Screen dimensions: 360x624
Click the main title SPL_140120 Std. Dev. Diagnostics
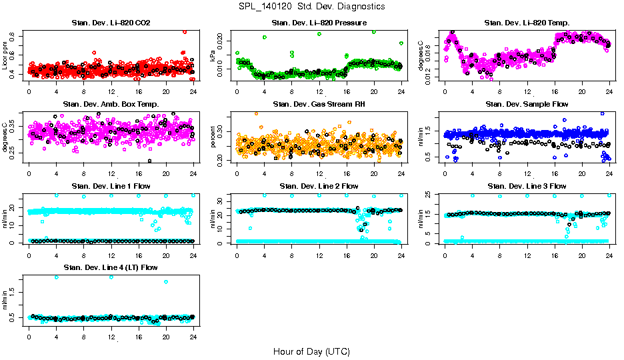click(311, 7)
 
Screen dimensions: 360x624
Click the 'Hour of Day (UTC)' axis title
click(311, 351)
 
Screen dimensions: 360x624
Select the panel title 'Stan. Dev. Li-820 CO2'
click(111, 23)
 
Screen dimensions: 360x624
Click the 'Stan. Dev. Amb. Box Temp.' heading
click(111, 104)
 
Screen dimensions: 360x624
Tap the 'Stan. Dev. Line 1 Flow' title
click(111, 186)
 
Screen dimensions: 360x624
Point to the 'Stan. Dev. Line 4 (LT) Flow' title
click(111, 267)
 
